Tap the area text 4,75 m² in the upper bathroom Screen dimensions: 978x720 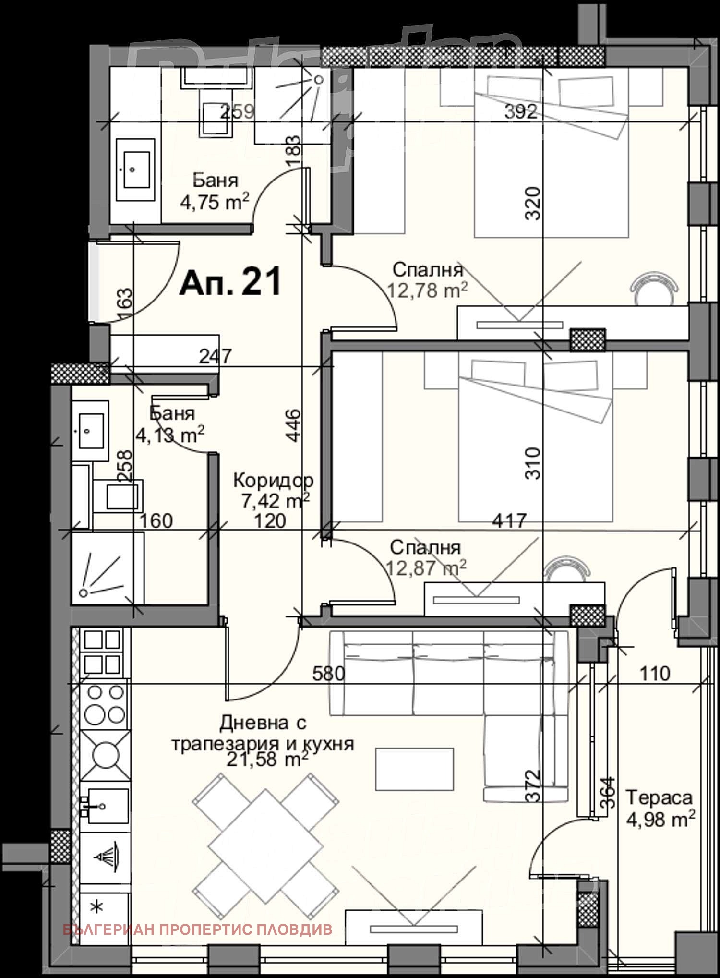pos(214,202)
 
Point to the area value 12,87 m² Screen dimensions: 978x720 pos(426,568)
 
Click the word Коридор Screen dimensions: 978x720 pos(273,480)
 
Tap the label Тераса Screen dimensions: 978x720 pos(659,797)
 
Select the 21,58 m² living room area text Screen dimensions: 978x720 pos(267,760)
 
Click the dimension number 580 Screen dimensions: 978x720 pos(328,674)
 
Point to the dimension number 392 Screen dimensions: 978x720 pos(521,112)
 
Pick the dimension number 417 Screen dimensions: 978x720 pos(509,520)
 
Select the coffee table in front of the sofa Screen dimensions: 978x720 pos(414,769)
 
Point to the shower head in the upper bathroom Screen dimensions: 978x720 pos(318,80)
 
